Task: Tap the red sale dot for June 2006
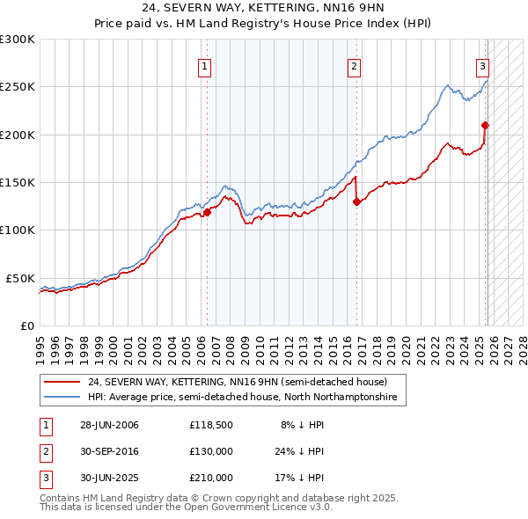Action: click(x=208, y=212)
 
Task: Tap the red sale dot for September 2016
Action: click(x=356, y=201)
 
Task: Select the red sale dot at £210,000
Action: click(x=485, y=125)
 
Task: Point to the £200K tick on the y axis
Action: click(x=18, y=135)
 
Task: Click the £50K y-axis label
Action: click(x=20, y=278)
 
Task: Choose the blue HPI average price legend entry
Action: click(x=242, y=398)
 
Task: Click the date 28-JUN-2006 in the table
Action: click(x=109, y=425)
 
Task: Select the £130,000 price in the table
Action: click(x=211, y=451)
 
